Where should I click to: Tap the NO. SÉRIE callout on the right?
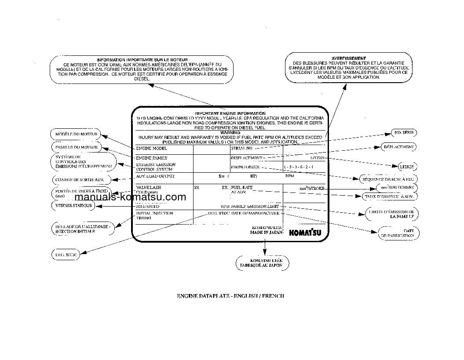coord(404,133)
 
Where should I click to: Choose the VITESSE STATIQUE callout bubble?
coord(73,205)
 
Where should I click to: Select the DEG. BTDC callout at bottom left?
coord(65,255)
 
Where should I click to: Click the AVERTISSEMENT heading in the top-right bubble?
coord(348,58)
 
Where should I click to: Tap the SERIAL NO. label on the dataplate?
coord(241,149)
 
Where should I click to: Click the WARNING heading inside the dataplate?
coord(230,132)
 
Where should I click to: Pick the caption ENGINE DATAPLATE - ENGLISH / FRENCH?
coord(230,296)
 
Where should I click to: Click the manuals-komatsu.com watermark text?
coord(131,197)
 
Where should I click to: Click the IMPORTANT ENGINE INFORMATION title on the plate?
coord(230,113)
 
